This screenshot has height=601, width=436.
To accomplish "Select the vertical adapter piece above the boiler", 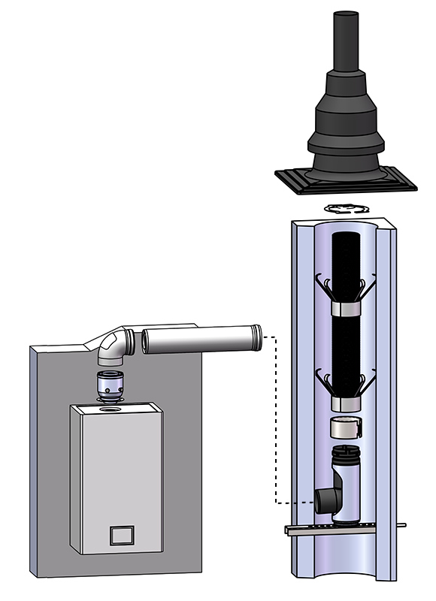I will pyautogui.click(x=111, y=385).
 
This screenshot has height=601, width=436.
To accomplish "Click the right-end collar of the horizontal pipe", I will pyautogui.click(x=257, y=337).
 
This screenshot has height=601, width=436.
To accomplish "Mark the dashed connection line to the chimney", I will pyautogui.click(x=276, y=421).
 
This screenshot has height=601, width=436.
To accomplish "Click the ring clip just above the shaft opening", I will pyautogui.click(x=345, y=207).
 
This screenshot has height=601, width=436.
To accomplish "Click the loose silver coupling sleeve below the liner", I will pyautogui.click(x=345, y=429).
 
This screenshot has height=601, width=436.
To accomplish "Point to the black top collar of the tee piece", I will pyautogui.click(x=346, y=453).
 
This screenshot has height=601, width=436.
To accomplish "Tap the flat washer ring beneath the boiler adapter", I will pyautogui.click(x=111, y=403).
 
